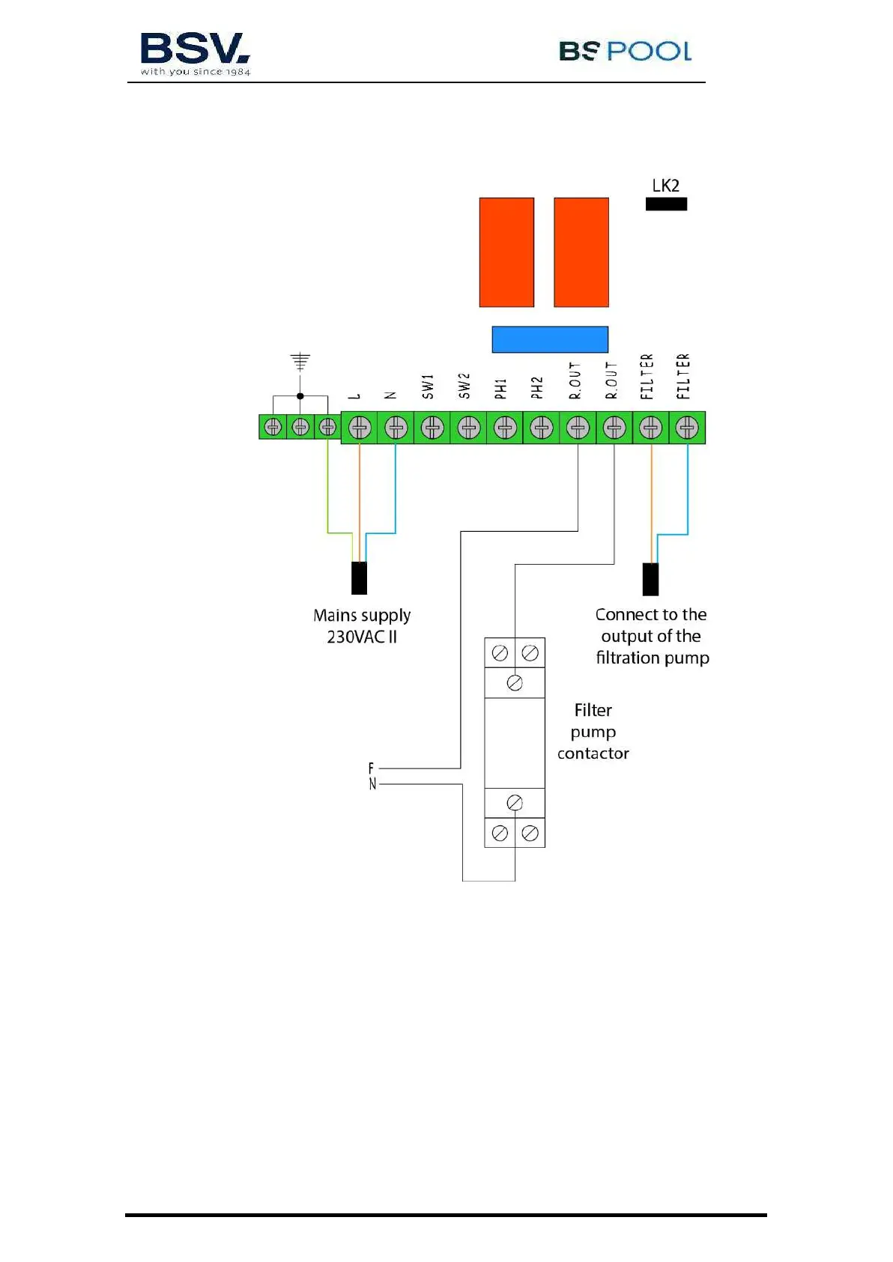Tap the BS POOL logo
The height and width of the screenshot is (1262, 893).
pos(625,51)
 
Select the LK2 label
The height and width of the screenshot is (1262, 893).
pos(665,186)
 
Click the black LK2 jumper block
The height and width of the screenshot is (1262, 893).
pos(666,204)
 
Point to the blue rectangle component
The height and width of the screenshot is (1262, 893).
pos(549,339)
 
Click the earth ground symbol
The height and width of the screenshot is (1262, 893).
pos(300,362)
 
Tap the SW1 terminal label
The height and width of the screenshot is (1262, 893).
pos(428,386)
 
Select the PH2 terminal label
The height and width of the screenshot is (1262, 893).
pos(537,387)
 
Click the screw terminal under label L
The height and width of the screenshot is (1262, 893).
pos(360,428)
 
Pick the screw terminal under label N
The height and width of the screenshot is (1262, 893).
pos(396,428)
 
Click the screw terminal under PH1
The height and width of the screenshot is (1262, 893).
pos(505,428)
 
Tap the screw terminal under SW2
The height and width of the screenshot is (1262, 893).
pos(468,428)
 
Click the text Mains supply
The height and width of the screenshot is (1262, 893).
pos(362,616)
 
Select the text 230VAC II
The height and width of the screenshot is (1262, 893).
pos(362,637)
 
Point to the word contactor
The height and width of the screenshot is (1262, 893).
pos(593,753)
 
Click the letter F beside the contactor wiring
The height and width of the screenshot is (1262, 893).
pos(371,768)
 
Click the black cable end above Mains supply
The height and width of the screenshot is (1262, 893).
pos(360,578)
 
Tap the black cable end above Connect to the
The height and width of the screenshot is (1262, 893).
pos(650,578)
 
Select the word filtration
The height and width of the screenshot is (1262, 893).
pos(626,658)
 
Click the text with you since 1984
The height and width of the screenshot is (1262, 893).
pos(195,72)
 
